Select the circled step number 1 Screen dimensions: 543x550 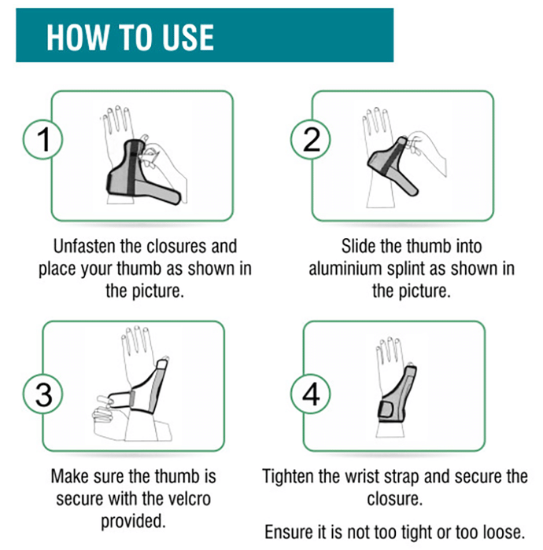click(43, 139)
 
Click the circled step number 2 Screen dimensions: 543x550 click(311, 139)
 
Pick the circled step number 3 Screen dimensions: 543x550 click(43, 394)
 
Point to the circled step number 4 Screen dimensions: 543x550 click(311, 394)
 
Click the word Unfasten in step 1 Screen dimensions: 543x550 click(85, 246)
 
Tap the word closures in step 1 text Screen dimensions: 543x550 click(177, 246)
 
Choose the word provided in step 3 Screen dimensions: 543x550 click(133, 522)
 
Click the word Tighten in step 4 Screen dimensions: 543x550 click(288, 477)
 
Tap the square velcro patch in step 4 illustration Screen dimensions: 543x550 click(386, 409)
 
